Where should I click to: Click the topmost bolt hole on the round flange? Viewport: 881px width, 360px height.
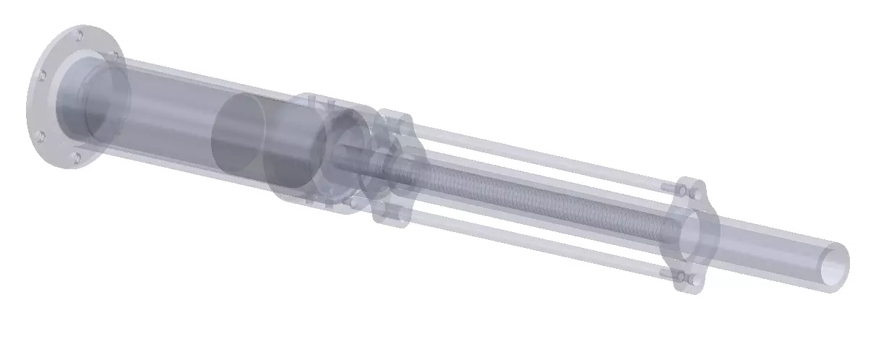pyautogui.click(x=79, y=34)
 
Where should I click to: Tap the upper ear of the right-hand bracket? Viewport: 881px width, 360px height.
pyautogui.click(x=690, y=190)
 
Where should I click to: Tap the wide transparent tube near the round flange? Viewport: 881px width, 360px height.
pyautogui.click(x=166, y=116)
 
